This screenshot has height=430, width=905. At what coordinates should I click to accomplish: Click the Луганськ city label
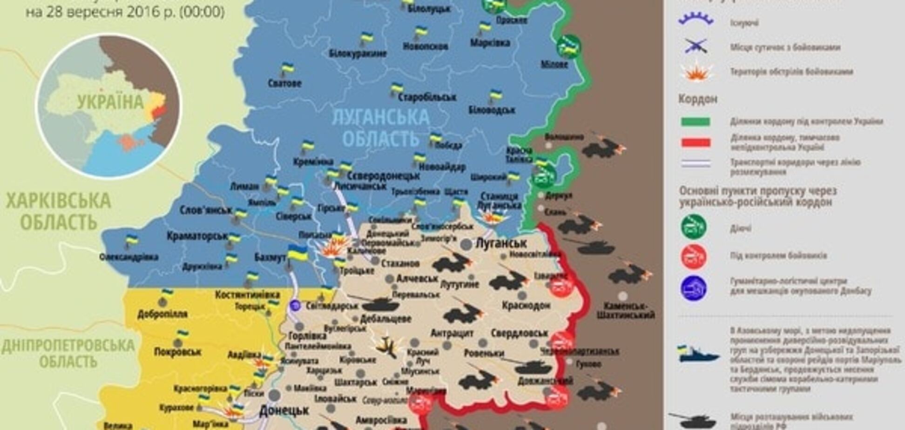click(500, 243)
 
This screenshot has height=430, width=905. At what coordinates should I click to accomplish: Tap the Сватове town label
click(284, 84)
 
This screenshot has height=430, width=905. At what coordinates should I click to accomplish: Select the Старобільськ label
click(427, 97)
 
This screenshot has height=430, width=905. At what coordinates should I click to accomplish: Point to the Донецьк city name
click(284, 410)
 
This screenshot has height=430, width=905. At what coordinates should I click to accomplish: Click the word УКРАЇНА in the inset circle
click(110, 102)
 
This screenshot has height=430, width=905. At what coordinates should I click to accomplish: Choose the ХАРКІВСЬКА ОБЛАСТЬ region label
click(58, 212)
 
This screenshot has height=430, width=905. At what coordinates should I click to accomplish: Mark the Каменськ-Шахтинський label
click(625, 310)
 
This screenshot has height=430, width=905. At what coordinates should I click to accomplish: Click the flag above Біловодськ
click(494, 96)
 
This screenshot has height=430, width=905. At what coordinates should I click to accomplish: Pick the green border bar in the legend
click(696, 122)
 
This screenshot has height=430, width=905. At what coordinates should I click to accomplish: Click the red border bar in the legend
click(696, 142)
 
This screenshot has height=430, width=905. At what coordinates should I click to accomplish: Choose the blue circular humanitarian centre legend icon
click(693, 289)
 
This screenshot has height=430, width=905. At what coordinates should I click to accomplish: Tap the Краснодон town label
click(526, 306)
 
